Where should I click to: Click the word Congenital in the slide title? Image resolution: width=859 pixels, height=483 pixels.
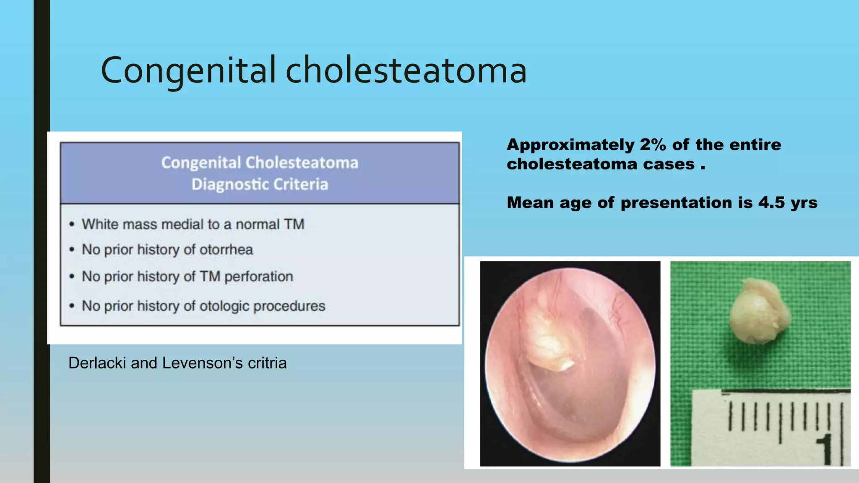pos(188,70)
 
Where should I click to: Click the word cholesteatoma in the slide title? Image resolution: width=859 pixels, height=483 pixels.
pos(406,70)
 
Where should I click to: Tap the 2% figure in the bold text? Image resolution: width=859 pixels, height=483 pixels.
pos(653,145)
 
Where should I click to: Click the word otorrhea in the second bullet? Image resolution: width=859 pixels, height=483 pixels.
pos(226,250)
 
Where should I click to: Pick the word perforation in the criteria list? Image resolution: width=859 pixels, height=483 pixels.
pos(258,277)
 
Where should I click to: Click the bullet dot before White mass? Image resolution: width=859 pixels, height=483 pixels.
pos(72,225)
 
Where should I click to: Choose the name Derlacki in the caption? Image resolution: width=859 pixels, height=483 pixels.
pos(97,363)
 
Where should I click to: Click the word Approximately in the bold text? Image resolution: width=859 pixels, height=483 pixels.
pos(570,145)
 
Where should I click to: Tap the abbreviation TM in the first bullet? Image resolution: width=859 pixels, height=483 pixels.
pos(294,224)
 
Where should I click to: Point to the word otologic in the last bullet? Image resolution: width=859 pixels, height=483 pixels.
pos(224,306)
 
